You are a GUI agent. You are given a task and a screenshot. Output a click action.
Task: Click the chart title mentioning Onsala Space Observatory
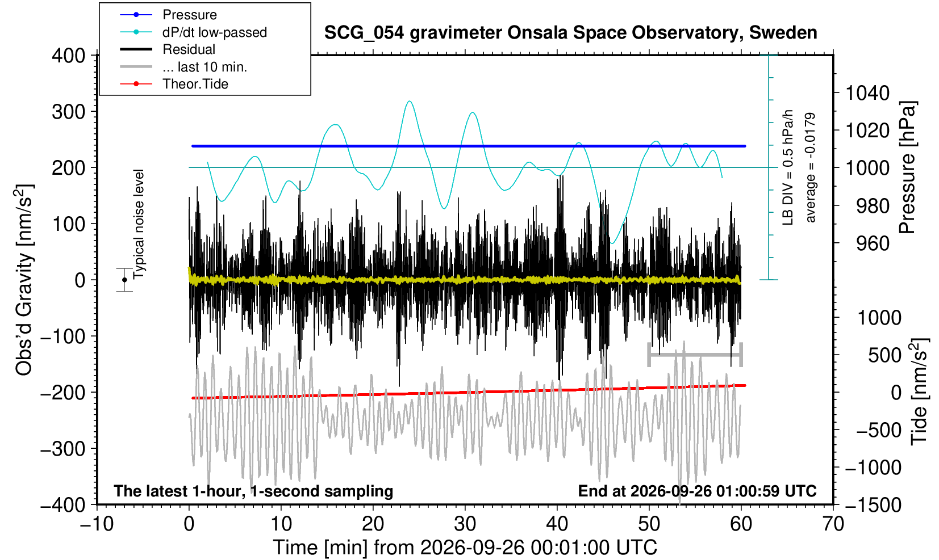click(x=570, y=33)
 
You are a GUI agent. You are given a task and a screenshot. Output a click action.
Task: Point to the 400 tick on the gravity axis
click(x=69, y=55)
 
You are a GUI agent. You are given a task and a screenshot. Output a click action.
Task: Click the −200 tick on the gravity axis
click(x=63, y=393)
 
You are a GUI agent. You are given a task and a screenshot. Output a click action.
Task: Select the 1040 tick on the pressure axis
click(x=867, y=93)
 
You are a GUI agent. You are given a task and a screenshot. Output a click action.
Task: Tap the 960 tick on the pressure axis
click(x=873, y=243)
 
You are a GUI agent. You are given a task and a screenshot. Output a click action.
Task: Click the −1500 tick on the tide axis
click(x=873, y=505)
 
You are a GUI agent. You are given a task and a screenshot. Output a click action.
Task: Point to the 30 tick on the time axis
click(x=465, y=524)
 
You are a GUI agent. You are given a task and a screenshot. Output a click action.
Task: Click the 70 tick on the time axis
click(x=833, y=524)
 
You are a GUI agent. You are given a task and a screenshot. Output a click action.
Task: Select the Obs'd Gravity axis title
click(x=24, y=280)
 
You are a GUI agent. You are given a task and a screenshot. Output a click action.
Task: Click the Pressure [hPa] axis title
click(x=908, y=167)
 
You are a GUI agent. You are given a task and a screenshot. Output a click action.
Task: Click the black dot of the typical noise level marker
click(x=124, y=280)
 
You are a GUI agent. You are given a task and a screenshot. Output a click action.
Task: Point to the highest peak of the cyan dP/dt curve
click(x=410, y=101)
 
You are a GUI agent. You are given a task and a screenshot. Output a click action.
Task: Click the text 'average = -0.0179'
click(x=811, y=167)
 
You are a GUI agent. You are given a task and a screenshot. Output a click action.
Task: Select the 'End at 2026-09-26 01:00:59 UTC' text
click(x=698, y=491)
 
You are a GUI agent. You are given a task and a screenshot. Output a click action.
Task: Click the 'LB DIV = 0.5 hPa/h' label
click(x=788, y=167)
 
